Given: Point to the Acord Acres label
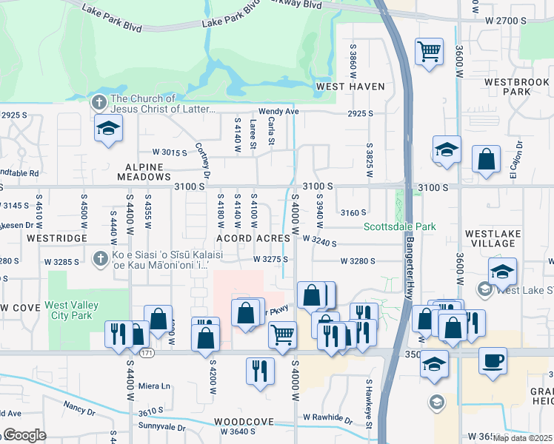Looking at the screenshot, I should coord(253,238).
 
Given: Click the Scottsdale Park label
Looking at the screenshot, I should coord(399,226).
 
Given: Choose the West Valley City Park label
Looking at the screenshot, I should coord(78,310).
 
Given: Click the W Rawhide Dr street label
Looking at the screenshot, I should coord(327,418).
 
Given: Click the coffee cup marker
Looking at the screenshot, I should coord(493,361).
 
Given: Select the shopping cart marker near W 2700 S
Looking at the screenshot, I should coord(428,52).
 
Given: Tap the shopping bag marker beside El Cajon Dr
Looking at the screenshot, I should coord(486,160).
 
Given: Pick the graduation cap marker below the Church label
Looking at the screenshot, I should coord(108,129).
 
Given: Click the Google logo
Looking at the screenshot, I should coord(24,435).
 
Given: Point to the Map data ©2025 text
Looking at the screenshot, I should coord(522,438).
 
